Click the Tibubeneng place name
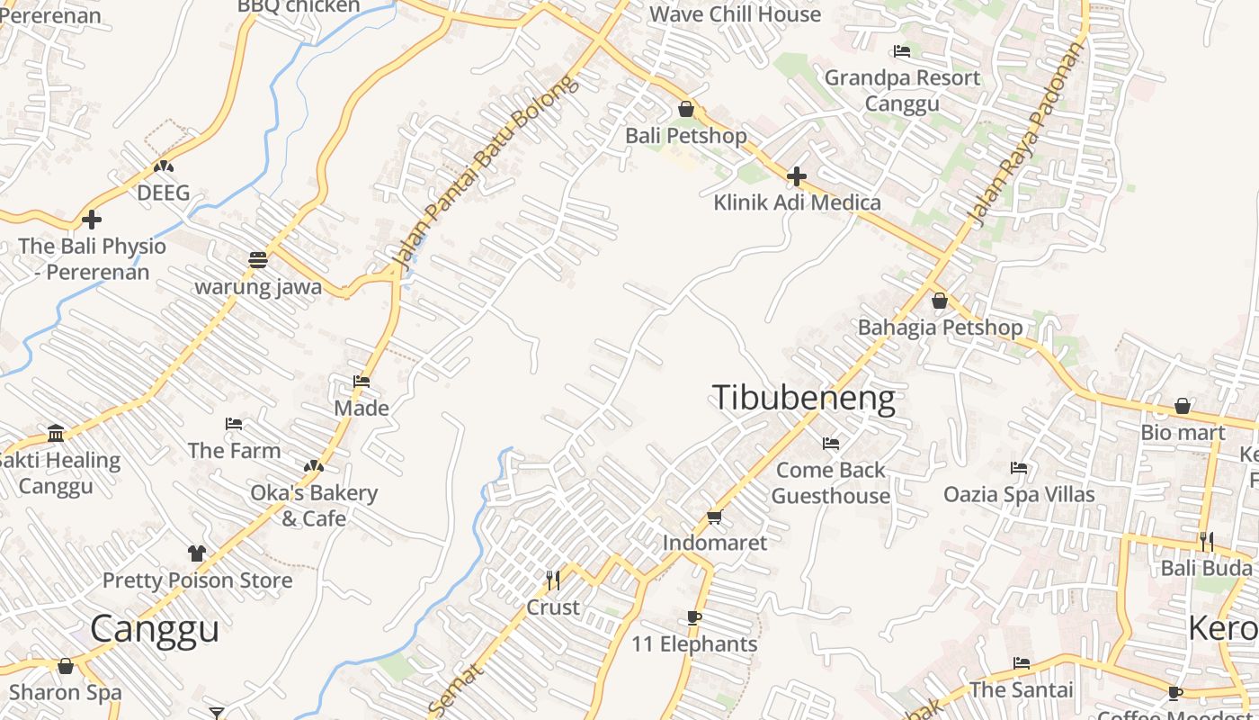[x=804, y=398]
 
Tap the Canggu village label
[x=155, y=628]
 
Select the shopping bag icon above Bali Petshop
[x=686, y=110]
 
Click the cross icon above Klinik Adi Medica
[x=796, y=176]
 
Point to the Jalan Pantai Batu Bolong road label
[x=484, y=173]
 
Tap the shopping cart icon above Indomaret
[x=715, y=517]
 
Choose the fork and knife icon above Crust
[x=553, y=580]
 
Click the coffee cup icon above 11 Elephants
[x=693, y=617]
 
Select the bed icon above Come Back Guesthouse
[x=831, y=444]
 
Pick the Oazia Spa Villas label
[x=1019, y=494]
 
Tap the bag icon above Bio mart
[x=1183, y=407]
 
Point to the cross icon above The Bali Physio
[x=92, y=220]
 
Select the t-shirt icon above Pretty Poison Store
[x=197, y=553]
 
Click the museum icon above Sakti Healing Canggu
[x=57, y=434]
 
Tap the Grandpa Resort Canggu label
[x=902, y=90]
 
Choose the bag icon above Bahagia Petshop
[x=940, y=301]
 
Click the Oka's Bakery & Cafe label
[x=313, y=506]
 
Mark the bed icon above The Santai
[x=1022, y=664]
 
